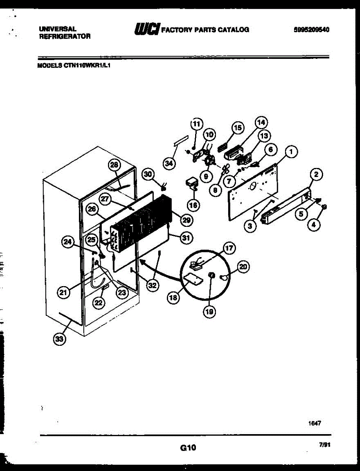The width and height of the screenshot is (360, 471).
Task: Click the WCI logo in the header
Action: coord(147,29)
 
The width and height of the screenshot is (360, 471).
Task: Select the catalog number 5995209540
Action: coord(311,29)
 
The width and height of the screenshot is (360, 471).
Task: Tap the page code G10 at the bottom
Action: coord(188,447)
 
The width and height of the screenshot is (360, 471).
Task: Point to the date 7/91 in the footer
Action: coord(325,445)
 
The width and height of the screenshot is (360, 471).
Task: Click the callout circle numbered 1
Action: coord(291,152)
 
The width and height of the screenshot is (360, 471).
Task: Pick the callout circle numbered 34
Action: coord(169,164)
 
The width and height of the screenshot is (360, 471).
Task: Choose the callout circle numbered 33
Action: coord(59,339)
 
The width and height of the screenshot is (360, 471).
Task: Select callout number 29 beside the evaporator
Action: coord(186,220)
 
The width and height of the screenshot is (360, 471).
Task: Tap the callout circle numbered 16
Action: coord(193,205)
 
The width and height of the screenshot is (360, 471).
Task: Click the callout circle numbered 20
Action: coord(243,267)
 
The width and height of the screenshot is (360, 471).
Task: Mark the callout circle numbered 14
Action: coord(261,122)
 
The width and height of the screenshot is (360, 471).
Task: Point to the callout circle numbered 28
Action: coord(114,165)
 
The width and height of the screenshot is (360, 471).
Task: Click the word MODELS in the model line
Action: coord(50,66)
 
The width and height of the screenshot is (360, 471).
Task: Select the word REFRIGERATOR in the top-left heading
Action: coord(65,37)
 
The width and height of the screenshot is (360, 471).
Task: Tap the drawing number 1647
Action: coord(314,424)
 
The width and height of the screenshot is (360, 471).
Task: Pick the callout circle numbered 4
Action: coord(314,225)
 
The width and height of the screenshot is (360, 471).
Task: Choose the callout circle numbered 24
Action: coord(68,242)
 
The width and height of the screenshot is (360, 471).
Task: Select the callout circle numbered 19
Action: coord(209,311)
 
